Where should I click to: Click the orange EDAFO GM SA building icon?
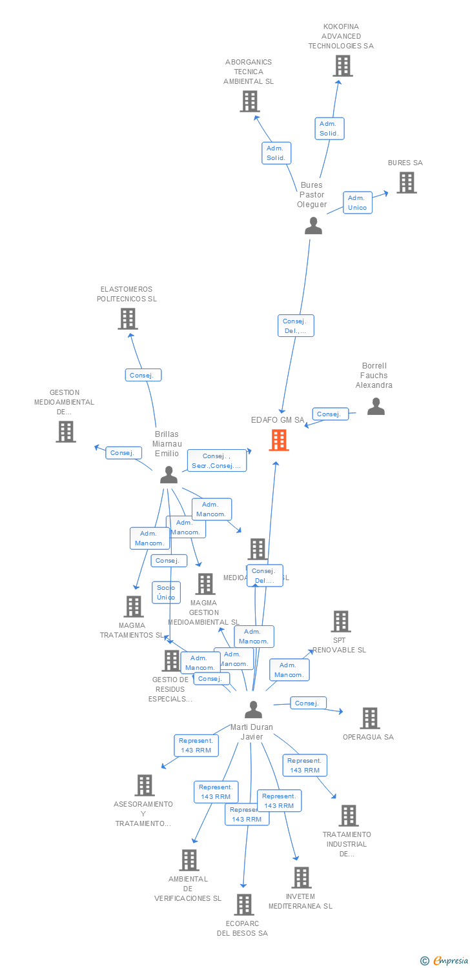point(279,440)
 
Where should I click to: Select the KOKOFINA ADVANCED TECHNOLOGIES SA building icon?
point(343,66)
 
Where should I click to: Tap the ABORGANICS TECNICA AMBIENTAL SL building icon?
point(250,101)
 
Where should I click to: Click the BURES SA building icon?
point(406,183)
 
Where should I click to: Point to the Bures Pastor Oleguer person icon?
point(313,226)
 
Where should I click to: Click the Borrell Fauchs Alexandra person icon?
point(376,407)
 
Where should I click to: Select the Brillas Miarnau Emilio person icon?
point(169,475)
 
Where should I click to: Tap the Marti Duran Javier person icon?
point(254,710)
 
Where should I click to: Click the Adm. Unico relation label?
point(357,203)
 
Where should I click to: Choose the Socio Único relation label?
point(166,592)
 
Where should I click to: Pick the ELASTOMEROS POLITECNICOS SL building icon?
point(128,319)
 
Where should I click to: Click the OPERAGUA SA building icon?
point(369,718)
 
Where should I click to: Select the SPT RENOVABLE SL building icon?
point(340,621)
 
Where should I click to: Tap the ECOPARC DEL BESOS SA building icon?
point(243,905)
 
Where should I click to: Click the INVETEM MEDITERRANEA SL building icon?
point(301,878)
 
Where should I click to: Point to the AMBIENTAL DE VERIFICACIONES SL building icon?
point(189,860)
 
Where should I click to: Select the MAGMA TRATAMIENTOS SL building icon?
point(134,607)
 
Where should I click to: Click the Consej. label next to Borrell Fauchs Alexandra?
point(330,414)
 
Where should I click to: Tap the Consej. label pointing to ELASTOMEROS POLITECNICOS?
point(143,375)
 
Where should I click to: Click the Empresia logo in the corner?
point(445,960)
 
